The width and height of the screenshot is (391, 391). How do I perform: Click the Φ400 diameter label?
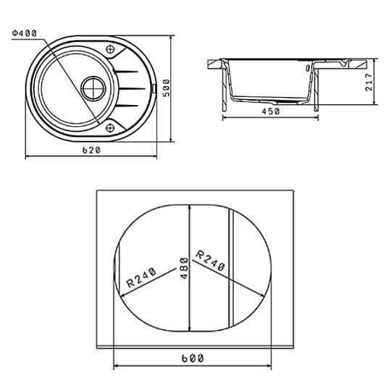(x=25, y=33)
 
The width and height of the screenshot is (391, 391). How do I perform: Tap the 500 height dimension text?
(x=166, y=88)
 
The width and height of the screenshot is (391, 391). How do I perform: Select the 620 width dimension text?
(x=91, y=150)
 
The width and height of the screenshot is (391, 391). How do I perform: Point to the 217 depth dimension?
(x=369, y=82)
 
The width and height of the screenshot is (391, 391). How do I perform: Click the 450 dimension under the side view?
(x=271, y=112)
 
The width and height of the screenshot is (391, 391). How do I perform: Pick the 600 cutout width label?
(x=193, y=358)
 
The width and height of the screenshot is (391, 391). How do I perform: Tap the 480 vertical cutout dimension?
(x=185, y=269)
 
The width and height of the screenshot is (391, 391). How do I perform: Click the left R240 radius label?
(x=141, y=277)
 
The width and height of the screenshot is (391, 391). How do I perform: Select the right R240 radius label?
(x=211, y=261)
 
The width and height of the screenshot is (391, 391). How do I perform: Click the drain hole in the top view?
(x=93, y=88)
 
